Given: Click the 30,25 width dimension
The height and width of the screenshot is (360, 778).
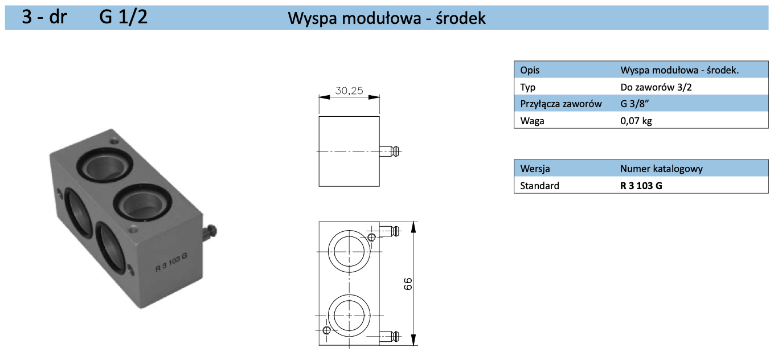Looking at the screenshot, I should tap(349, 91).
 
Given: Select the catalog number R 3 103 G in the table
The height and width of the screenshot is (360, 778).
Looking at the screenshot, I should tap(641, 186).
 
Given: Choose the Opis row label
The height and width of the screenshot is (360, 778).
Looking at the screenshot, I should tap(530, 71).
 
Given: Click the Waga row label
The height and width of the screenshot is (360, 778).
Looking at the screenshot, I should tap(532, 121).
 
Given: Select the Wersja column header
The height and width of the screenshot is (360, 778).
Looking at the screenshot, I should tap(535, 169).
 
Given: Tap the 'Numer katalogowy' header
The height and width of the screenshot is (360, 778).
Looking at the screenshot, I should tap(661, 169).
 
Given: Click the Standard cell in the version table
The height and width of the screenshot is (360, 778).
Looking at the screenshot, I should tap(539, 186).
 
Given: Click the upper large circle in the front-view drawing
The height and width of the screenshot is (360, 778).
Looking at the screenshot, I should tap(349, 251).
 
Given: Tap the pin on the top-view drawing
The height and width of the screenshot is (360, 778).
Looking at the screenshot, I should tap(390, 151).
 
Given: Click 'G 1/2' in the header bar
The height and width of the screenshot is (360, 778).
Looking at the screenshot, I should tap(124, 17).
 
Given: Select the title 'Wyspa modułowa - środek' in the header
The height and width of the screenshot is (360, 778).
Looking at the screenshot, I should tap(387, 18).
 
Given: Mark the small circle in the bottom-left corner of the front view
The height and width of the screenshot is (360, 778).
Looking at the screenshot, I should tap(326, 331).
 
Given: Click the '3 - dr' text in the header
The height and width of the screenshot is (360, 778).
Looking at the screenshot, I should tap(44, 17).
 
